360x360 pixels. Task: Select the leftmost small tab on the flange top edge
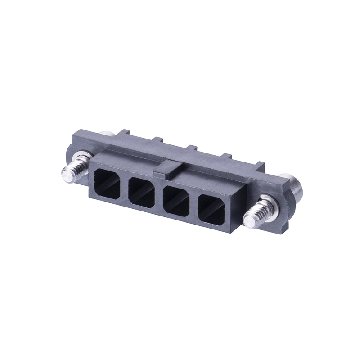coord(124,132)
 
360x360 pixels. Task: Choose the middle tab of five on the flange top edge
coord(192,148)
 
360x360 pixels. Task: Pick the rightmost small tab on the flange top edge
coord(260,163)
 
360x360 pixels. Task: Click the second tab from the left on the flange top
coord(157,140)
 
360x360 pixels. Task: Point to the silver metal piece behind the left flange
coord(105,133)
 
